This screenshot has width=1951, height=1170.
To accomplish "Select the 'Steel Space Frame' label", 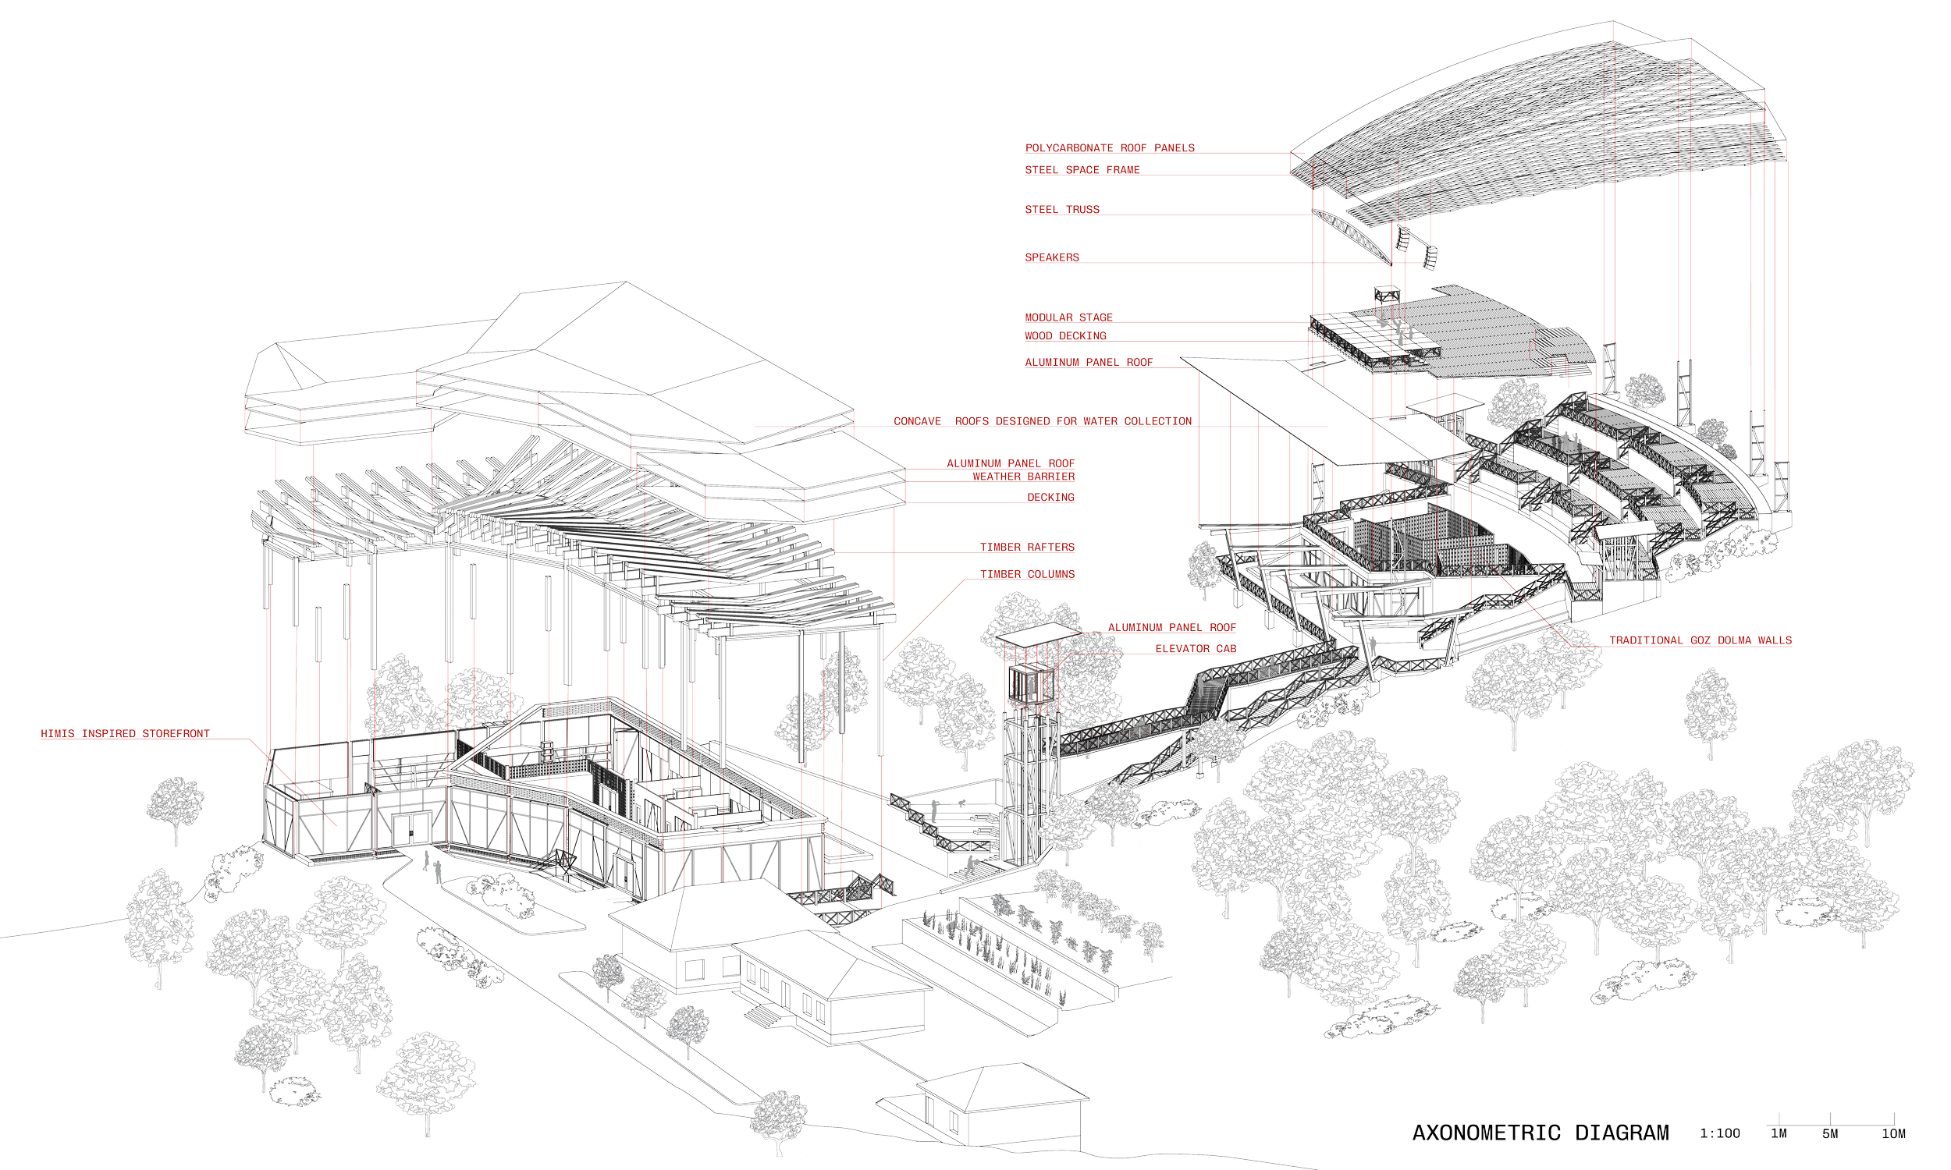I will coord(1082,169).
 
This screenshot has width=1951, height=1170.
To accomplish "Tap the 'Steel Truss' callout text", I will coord(1061,210).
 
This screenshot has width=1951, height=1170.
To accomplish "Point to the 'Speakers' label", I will coord(1051,257).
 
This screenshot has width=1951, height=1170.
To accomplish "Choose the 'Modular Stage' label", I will coord(1068,317).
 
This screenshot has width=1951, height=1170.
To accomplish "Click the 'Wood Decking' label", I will coord(1065,336).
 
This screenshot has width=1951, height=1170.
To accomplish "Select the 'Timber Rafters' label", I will coord(1028,546).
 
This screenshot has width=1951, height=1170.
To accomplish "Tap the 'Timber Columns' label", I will coord(1028,574).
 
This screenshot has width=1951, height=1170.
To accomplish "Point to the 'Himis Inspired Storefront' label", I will coord(126,734).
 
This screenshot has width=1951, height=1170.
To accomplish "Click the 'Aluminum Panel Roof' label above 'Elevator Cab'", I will coord(1172,628).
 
